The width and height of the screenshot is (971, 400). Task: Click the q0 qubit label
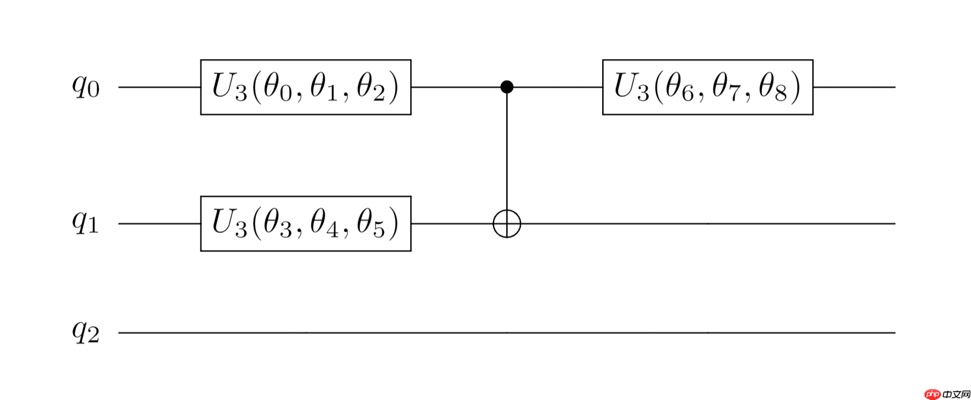point(86,88)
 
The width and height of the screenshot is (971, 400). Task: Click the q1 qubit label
point(85,223)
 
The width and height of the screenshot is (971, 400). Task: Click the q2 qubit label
point(86,332)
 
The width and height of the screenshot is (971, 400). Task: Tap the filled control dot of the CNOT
point(507,87)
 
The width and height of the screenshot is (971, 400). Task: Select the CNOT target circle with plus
point(507,224)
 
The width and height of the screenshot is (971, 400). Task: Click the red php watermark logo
point(933,394)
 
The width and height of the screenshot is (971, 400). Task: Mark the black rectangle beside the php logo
point(956,394)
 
